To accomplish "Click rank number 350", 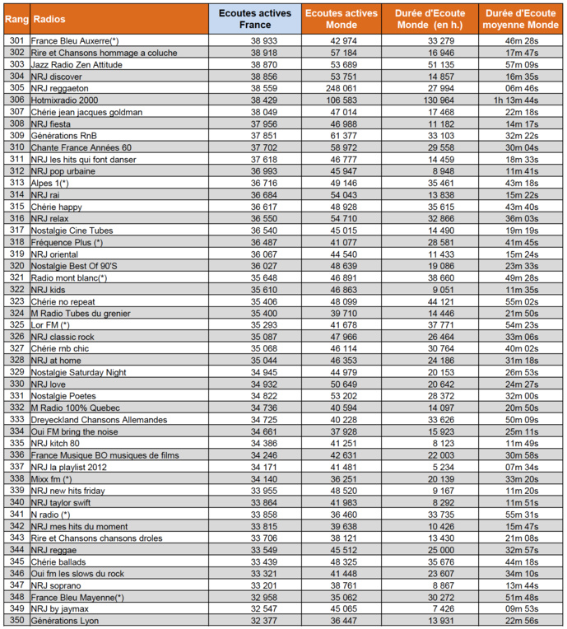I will [15, 621].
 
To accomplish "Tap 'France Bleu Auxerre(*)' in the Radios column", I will [75, 40].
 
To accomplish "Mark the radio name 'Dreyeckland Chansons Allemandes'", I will [99, 420].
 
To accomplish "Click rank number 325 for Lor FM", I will [15, 325].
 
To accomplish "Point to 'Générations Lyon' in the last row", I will [64, 621].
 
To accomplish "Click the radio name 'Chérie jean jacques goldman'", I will [86, 112].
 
